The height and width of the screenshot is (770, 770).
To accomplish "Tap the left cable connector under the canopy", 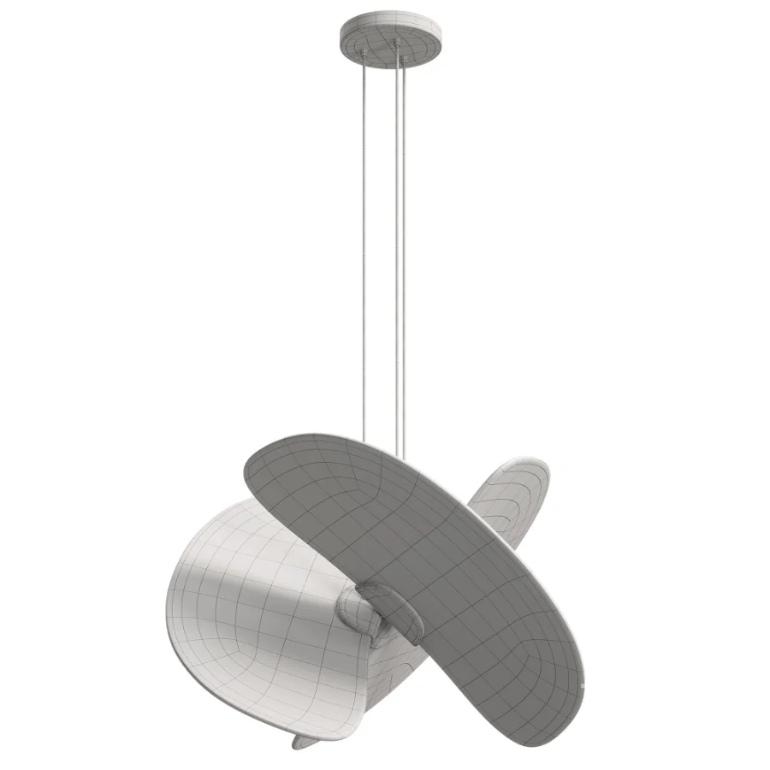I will tap(364, 53).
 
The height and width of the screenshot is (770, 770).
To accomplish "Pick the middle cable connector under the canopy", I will tap(396, 44).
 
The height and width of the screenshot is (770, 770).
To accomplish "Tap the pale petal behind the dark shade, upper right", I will tap(509, 496).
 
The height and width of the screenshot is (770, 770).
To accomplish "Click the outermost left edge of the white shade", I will tap(168, 599).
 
